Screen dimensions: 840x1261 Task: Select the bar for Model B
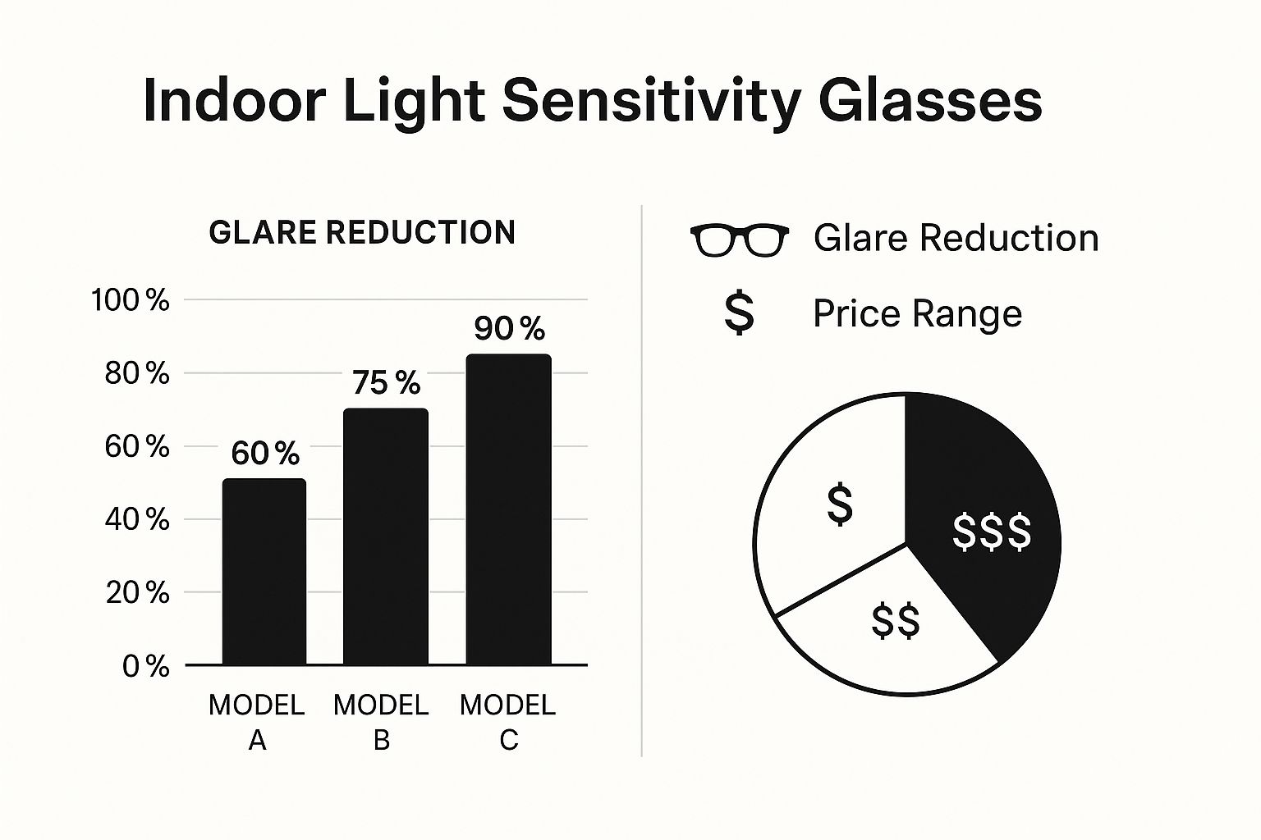click(385, 537)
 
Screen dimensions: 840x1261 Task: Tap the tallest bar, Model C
click(508, 509)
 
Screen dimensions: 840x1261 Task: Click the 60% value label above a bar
click(265, 453)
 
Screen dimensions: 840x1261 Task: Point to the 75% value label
click(386, 383)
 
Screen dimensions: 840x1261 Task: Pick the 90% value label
click(509, 329)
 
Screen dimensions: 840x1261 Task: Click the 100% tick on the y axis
click(131, 300)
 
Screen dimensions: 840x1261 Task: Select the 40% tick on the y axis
click(137, 519)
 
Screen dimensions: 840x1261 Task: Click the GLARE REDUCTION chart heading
click(362, 232)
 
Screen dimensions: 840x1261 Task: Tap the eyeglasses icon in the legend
click(739, 240)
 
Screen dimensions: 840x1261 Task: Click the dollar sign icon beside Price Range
click(739, 313)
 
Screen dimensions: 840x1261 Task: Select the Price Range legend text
click(917, 313)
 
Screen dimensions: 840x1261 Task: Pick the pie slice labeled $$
click(891, 628)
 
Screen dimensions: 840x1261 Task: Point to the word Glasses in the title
click(930, 102)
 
